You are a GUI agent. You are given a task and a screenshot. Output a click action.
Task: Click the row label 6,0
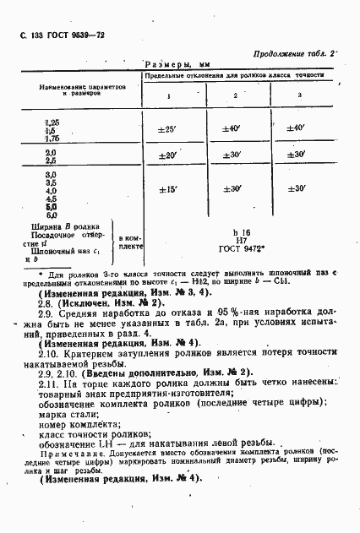click(x=51, y=215)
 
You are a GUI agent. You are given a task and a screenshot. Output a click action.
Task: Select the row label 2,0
click(x=51, y=151)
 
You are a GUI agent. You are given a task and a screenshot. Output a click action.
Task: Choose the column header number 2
click(x=235, y=95)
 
